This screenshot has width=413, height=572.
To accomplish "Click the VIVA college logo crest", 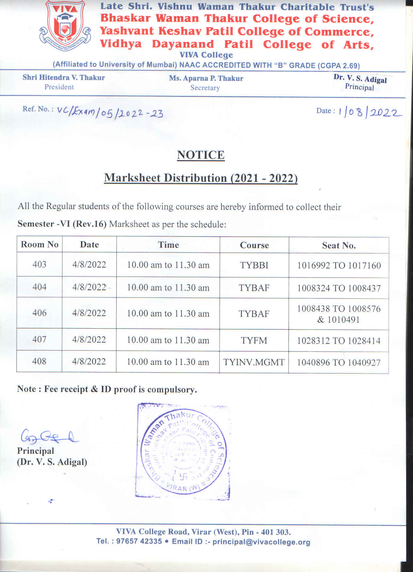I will (x=65, y=27).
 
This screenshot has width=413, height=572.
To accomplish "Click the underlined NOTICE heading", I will (x=201, y=155).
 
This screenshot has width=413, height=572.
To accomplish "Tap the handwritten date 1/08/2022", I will (x=369, y=113).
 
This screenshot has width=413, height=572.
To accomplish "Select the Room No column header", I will (x=40, y=245).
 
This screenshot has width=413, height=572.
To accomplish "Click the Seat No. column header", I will (x=339, y=246).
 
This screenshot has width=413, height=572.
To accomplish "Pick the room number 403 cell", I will (x=39, y=264).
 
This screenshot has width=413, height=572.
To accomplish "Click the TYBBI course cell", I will (x=254, y=265).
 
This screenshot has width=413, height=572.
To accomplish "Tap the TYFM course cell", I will (x=254, y=341).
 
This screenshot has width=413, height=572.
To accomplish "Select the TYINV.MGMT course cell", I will (x=254, y=362).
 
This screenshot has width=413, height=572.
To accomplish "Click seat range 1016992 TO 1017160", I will (x=339, y=265).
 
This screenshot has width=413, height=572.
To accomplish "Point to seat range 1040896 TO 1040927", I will (x=339, y=362).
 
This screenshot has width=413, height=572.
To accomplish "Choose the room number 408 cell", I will (x=39, y=361).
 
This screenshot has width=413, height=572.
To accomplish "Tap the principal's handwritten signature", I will (x=49, y=437).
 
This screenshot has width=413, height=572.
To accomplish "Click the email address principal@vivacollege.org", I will (x=261, y=542).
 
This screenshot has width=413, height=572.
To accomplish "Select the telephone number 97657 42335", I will (x=139, y=541).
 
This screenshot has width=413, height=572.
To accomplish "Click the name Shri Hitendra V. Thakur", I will (x=64, y=78).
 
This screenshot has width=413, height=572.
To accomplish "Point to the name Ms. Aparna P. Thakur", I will (x=206, y=78).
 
